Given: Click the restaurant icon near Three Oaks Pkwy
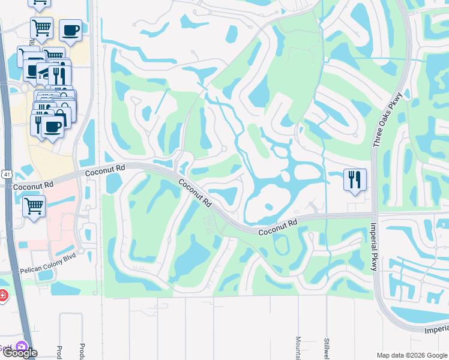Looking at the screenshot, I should click(354, 179).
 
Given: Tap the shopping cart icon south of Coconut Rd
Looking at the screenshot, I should click(34, 206).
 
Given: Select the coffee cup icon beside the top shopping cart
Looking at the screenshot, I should click(71, 29).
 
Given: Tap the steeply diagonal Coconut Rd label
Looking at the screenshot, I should click(194, 193).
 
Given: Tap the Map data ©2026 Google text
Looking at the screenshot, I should click(411, 355).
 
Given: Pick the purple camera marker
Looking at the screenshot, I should click(23, 347).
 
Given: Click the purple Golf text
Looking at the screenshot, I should click(5, 347).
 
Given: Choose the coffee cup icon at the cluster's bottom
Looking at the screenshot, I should click(53, 127).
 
